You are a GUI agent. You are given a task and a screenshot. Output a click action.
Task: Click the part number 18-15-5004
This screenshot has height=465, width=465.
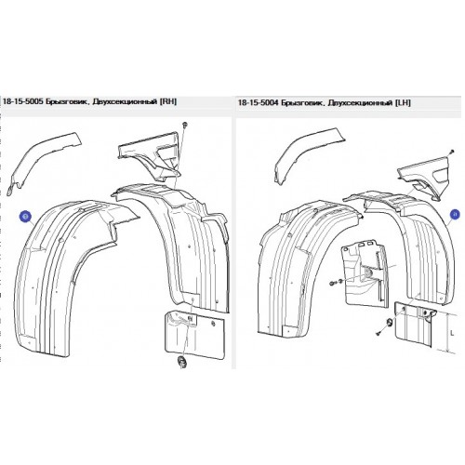257,102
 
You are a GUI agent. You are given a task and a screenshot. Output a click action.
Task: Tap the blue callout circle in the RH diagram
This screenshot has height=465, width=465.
25,216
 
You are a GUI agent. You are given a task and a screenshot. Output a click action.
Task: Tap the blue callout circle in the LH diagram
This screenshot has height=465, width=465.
455,214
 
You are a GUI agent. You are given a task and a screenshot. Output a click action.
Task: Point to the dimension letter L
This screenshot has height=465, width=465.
452,333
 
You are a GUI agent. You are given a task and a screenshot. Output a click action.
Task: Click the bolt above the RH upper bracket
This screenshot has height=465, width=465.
185,125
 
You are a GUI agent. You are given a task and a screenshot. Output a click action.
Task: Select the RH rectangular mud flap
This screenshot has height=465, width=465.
195,333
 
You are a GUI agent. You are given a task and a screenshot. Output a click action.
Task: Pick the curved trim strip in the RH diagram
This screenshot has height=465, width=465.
44,164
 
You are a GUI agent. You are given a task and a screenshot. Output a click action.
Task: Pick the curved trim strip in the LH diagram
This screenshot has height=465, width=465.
309,153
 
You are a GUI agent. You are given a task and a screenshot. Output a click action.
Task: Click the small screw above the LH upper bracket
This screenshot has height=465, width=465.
452,152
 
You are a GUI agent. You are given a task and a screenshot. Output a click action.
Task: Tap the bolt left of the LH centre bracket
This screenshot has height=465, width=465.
332,283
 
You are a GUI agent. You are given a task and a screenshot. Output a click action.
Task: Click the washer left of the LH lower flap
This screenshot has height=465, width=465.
390,324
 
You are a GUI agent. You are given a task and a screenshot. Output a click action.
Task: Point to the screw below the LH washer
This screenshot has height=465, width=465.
379,333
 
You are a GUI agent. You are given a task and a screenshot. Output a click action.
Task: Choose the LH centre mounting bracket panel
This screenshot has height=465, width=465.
365,272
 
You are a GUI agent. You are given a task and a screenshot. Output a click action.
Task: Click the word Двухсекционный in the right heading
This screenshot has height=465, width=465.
359,103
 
